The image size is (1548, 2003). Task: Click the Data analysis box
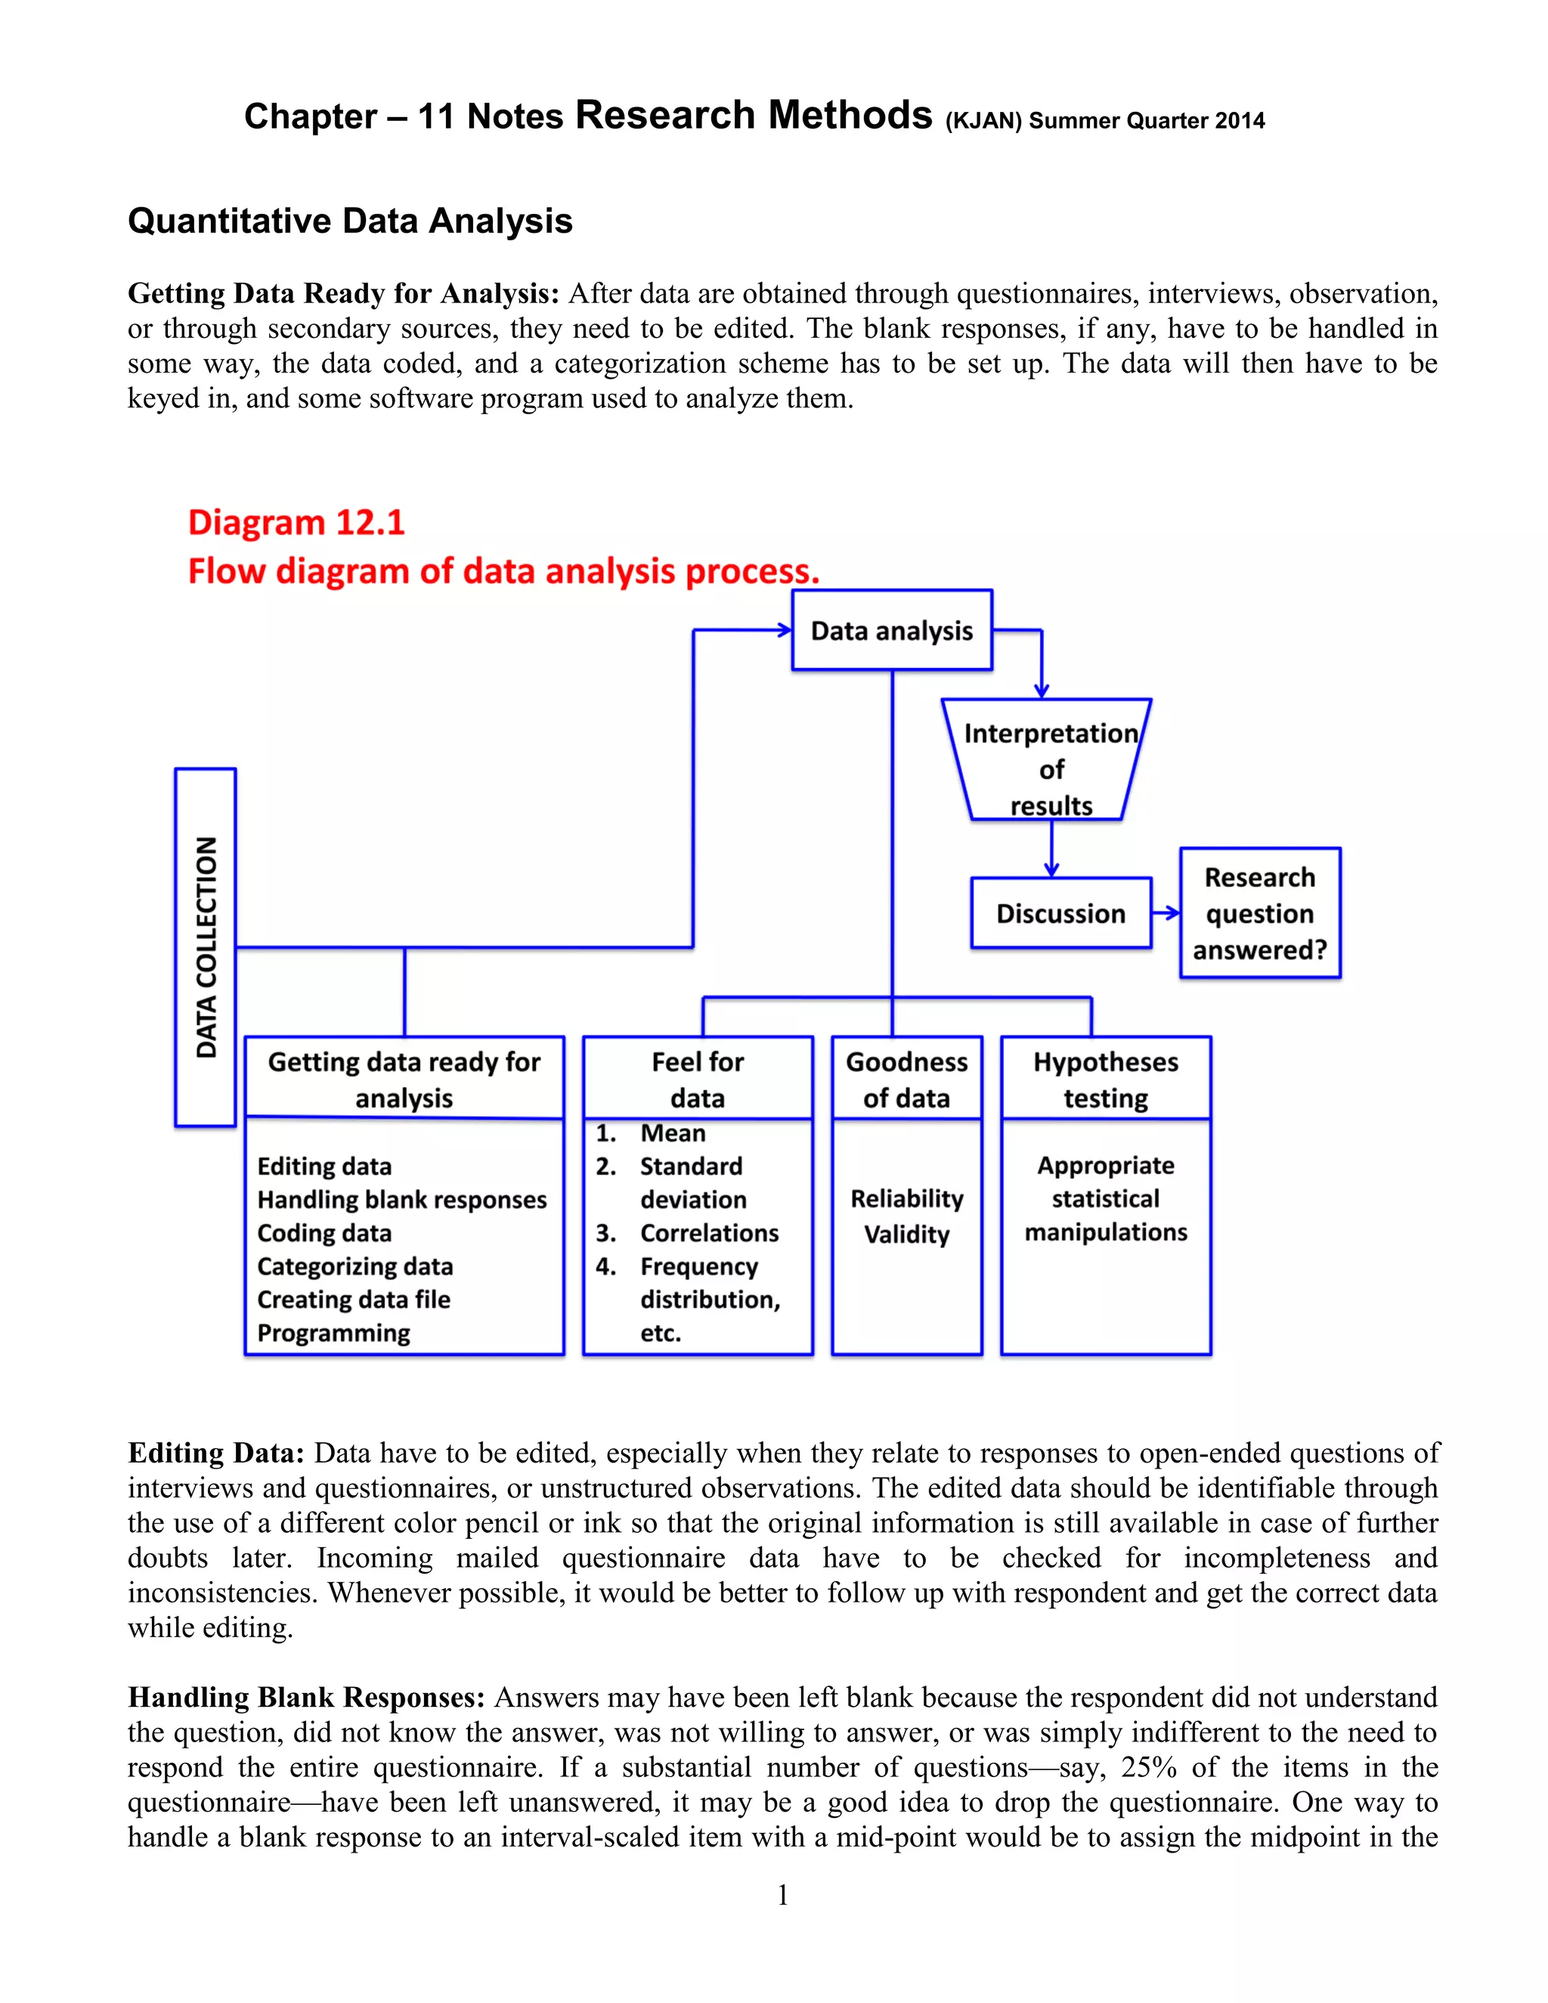point(891,630)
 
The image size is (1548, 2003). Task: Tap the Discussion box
point(1060,914)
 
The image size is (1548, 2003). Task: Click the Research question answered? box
point(1259,914)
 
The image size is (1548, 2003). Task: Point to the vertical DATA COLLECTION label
point(206,946)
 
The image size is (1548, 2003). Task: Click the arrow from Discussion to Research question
point(1166,912)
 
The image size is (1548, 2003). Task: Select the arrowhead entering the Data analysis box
point(783,630)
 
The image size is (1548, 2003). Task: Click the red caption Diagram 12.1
point(296,523)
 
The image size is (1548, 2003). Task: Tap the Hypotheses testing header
point(1105,1079)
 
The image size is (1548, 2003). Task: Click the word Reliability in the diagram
point(906,1199)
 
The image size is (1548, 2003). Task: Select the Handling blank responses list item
point(401,1200)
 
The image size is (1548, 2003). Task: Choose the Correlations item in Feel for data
point(709,1233)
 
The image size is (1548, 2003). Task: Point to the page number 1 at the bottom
point(782,1894)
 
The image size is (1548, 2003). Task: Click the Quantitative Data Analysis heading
point(350,221)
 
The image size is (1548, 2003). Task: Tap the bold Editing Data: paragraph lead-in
point(215,1453)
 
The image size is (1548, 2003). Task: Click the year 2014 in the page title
point(1240,121)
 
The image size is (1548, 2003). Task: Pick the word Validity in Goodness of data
point(906,1234)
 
